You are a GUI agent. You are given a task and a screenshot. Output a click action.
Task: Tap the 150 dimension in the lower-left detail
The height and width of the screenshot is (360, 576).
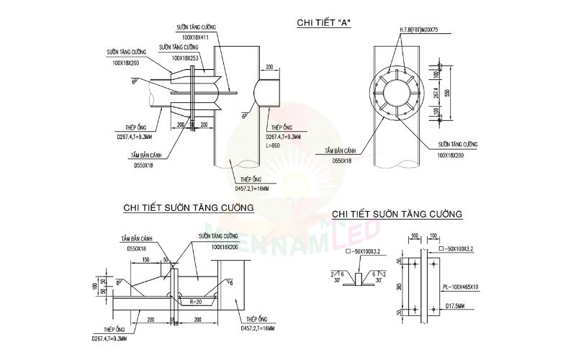click(146, 260)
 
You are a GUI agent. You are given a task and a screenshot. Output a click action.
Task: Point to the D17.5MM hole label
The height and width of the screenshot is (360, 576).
click(455, 305)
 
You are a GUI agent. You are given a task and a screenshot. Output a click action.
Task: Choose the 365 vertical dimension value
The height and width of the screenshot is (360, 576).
click(399, 288)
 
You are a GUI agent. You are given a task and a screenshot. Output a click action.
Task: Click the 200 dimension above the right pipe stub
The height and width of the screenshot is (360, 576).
click(269, 66)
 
